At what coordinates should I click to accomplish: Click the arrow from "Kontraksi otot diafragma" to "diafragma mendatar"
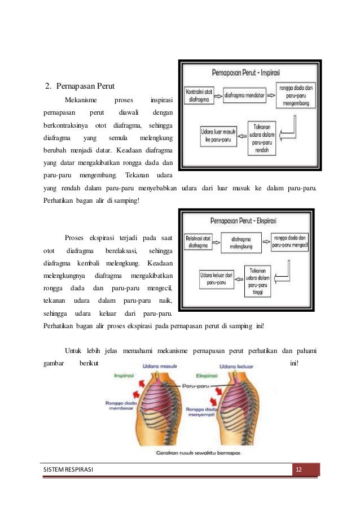[219, 95]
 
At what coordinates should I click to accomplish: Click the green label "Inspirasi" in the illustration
[124, 375]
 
